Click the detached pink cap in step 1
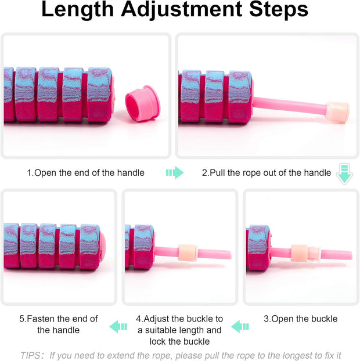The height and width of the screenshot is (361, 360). click(x=142, y=104)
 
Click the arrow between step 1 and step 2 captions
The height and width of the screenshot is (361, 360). click(x=174, y=172)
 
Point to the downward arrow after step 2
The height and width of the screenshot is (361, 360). click(x=344, y=174)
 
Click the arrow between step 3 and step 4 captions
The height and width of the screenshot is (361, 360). click(x=240, y=327)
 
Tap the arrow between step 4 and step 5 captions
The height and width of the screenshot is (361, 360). click(x=118, y=327)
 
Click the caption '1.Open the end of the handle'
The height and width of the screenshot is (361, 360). click(x=85, y=172)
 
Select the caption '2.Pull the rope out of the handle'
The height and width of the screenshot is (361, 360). click(x=266, y=172)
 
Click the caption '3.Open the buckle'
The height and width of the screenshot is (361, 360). click(x=300, y=319)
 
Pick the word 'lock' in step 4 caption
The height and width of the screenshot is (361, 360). click(x=160, y=342)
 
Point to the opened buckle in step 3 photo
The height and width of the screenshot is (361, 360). click(x=305, y=254)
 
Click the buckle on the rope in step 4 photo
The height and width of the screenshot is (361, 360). click(x=188, y=253)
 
